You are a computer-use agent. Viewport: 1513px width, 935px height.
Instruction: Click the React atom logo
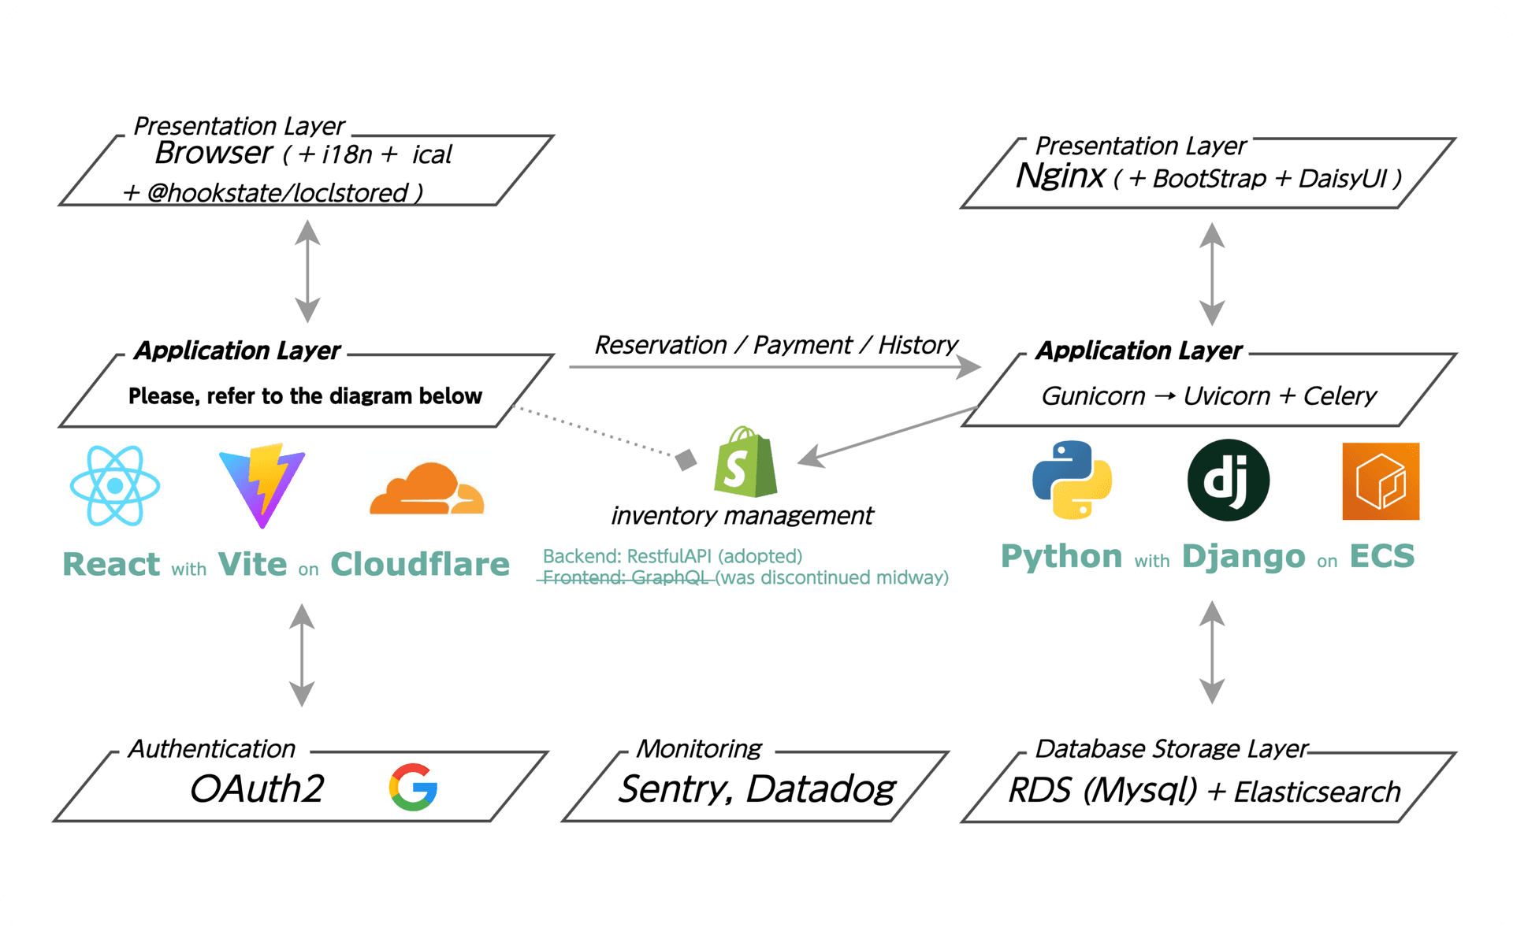pos(115,485)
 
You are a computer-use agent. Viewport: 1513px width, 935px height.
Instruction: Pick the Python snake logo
pos(1072,480)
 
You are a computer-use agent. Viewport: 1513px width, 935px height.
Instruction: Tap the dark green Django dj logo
pos(1228,480)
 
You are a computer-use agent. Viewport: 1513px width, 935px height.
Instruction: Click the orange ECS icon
pos(1381,481)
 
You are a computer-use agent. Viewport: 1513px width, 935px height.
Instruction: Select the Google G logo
pos(413,787)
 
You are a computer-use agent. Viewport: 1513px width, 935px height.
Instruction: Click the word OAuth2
pos(257,788)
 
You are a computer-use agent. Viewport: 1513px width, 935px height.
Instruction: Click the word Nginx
pos(1060,176)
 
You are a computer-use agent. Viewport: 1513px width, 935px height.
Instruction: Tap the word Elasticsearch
pos(1317,792)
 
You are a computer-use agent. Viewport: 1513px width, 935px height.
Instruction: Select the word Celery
pos(1340,395)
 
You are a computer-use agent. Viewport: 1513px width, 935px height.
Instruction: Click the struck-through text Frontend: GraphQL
pos(626,578)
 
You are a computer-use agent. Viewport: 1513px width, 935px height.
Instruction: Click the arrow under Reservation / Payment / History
pos(774,367)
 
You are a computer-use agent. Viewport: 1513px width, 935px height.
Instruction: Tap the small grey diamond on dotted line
pos(686,459)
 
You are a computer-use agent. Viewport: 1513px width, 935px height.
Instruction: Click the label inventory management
pos(742,516)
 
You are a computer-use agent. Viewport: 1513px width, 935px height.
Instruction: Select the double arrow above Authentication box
pos(302,655)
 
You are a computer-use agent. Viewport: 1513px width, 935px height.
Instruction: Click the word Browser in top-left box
pos(214,154)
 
